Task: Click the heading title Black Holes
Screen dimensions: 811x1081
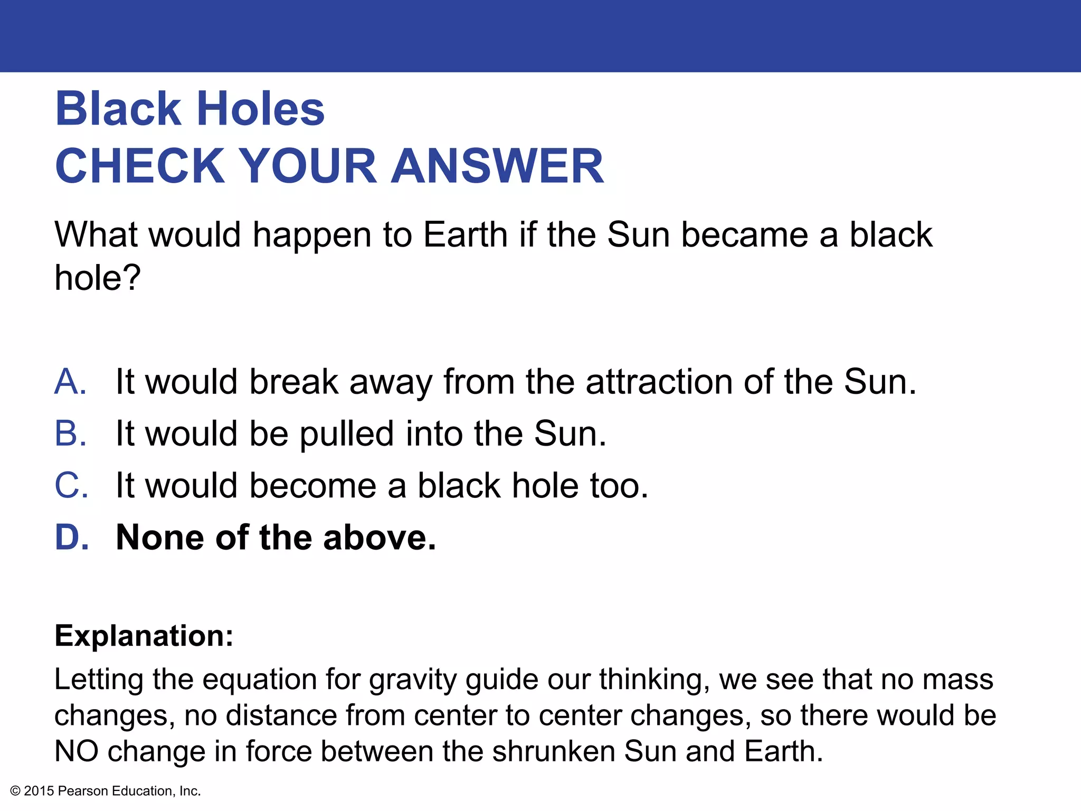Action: click(x=189, y=109)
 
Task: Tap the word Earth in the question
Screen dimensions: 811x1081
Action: click(x=465, y=234)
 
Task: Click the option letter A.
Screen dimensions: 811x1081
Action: click(x=70, y=382)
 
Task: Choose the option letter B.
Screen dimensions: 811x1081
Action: click(x=70, y=433)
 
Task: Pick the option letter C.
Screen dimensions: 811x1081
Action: click(x=71, y=485)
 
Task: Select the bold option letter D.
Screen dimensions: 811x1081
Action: click(x=71, y=537)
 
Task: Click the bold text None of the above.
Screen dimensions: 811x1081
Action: click(x=276, y=537)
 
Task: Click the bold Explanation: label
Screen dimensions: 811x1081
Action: click(x=144, y=636)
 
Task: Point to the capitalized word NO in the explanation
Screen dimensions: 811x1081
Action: click(x=76, y=751)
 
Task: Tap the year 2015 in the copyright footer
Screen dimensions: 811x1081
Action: click(x=39, y=791)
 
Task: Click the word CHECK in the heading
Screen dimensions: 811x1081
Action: click(x=140, y=166)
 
